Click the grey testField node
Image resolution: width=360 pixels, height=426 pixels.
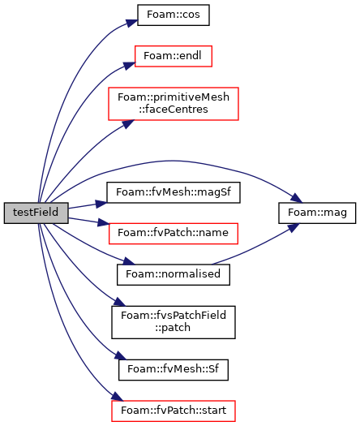[36, 213]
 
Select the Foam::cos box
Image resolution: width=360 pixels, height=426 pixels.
[174, 15]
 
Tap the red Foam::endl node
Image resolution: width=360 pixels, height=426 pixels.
[174, 56]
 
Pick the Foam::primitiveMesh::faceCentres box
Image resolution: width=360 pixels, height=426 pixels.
[174, 104]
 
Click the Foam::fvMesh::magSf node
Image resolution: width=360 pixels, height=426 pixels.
[174, 192]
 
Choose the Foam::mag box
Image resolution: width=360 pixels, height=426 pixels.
[317, 213]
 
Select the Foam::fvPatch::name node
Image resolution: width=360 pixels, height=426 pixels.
[174, 234]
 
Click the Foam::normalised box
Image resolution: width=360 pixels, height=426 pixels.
[174, 274]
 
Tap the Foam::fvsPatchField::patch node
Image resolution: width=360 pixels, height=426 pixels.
[174, 322]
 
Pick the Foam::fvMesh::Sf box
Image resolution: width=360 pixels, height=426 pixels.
[174, 370]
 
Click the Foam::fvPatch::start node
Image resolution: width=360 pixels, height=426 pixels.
[174, 411]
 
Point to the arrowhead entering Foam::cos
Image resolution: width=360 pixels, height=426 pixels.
[132, 23]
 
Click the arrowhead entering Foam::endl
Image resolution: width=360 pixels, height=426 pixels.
[129, 66]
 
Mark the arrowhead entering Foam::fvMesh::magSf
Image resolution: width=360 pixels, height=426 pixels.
[101, 203]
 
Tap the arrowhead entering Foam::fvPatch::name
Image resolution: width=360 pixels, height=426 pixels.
[103, 223]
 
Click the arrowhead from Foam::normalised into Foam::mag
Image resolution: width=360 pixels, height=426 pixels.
[293, 227]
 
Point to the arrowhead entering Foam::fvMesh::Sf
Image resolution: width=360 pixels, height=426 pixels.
[121, 355]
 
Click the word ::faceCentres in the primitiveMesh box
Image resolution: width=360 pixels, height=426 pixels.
[174, 110]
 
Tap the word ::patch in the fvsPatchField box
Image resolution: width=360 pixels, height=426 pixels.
[173, 328]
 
